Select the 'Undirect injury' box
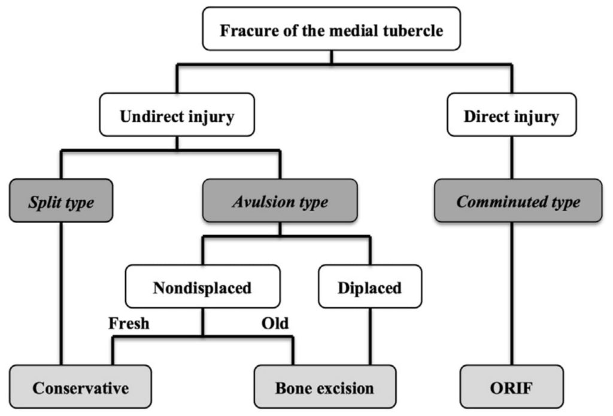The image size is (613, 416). pyautogui.click(x=177, y=116)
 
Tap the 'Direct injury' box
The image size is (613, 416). pyautogui.click(x=511, y=116)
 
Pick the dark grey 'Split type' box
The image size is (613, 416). pyautogui.click(x=61, y=201)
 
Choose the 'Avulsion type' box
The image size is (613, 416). pyautogui.click(x=280, y=201)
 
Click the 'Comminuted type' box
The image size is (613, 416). pyautogui.click(x=518, y=201)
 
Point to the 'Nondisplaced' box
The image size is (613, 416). pyautogui.click(x=202, y=287)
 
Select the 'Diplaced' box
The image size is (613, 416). pyautogui.click(x=369, y=287)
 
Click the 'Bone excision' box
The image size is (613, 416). pyautogui.click(x=324, y=388)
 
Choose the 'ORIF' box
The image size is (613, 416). pyautogui.click(x=512, y=388)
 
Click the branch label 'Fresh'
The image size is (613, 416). pyautogui.click(x=129, y=324)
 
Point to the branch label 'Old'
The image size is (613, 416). pyautogui.click(x=275, y=324)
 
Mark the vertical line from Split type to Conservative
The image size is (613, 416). pyautogui.click(x=62, y=294)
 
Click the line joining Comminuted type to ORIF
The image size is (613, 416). pyautogui.click(x=512, y=294)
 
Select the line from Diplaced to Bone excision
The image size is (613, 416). pyautogui.click(x=369, y=336)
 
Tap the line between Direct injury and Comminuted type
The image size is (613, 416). pyautogui.click(x=512, y=157)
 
